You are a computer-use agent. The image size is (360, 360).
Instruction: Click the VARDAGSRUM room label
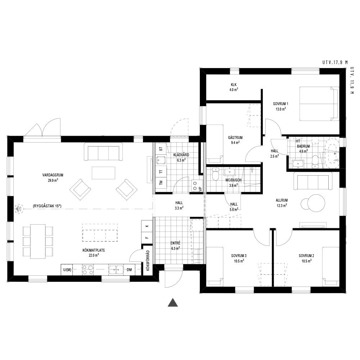pyautogui.click(x=53, y=175)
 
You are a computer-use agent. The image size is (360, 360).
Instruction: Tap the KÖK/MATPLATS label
pyautogui.click(x=94, y=250)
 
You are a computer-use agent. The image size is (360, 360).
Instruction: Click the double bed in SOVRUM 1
pyautogui.click(x=319, y=104)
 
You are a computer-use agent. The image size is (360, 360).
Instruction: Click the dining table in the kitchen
pyautogui.click(x=38, y=241)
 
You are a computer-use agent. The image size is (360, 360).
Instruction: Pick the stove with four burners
pyautogui.click(x=88, y=270)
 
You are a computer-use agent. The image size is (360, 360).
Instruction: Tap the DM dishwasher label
pyautogui.click(x=129, y=270)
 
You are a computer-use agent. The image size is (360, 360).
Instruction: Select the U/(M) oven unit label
pyautogui.click(x=67, y=270)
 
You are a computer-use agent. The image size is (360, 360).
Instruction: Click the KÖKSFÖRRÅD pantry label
pyautogui.click(x=148, y=261)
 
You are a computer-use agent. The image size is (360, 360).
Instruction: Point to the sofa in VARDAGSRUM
pyautogui.click(x=103, y=152)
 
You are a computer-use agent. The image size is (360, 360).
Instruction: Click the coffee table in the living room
pyautogui.click(x=103, y=173)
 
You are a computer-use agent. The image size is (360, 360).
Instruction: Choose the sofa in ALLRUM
pyautogui.click(x=313, y=181)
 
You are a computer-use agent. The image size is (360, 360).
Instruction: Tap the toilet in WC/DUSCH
pyautogui.click(x=215, y=174)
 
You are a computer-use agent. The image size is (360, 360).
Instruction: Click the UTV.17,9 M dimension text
pyautogui.click(x=335, y=62)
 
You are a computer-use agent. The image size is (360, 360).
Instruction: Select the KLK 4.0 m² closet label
pyautogui.click(x=234, y=87)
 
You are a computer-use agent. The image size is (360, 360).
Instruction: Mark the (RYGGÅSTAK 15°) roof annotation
pyautogui.click(x=47, y=206)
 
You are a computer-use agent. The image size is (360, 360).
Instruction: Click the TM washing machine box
pyautogui.click(x=161, y=183)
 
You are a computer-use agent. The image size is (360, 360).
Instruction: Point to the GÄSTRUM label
pyautogui.click(x=235, y=138)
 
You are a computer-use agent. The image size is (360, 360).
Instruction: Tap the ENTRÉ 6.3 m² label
pyautogui.click(x=175, y=246)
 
